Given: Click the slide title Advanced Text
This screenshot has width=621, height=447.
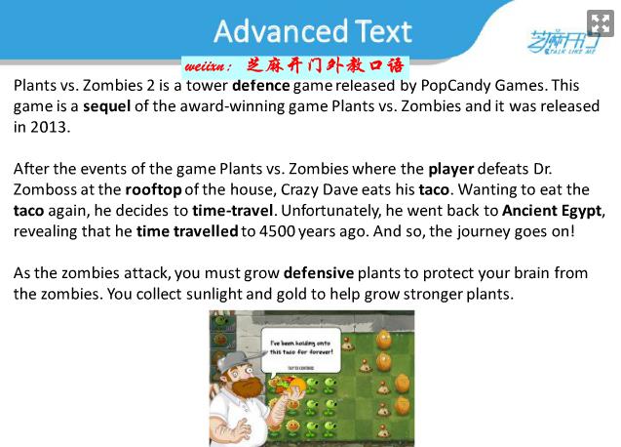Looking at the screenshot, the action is (x=313, y=31).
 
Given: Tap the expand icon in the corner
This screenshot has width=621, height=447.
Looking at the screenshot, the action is (x=600, y=23).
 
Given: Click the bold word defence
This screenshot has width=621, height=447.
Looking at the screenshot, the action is (x=261, y=85).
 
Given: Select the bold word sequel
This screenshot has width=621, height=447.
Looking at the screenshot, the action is (x=106, y=106).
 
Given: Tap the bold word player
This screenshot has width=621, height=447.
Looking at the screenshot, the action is (x=451, y=170).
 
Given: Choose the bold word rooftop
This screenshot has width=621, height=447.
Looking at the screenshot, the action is (x=153, y=190).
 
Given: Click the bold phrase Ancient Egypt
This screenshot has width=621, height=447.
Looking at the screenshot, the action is (x=552, y=211).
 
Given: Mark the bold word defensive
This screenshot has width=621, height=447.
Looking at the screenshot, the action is (x=319, y=273).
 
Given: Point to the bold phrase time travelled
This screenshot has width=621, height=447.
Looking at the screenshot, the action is (x=187, y=231).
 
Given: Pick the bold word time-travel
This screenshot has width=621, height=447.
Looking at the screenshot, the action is (x=232, y=211).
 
